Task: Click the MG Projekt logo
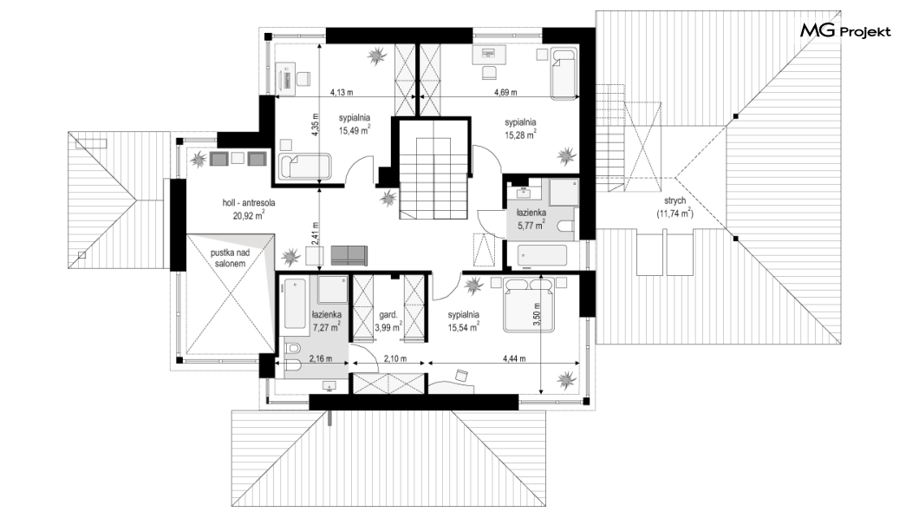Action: click(x=845, y=30)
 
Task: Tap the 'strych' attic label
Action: click(x=675, y=200)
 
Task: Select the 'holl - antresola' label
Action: click(x=249, y=203)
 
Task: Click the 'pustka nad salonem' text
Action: click(x=230, y=258)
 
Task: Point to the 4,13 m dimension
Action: click(x=342, y=92)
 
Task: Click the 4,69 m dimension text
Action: click(x=505, y=92)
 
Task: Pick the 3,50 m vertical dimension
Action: click(x=536, y=314)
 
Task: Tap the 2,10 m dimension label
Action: click(x=395, y=358)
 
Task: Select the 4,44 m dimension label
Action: click(x=514, y=358)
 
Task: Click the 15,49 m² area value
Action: click(x=354, y=131)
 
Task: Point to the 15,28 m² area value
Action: click(x=520, y=135)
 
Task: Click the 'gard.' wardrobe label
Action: click(x=388, y=314)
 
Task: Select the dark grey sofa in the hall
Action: click(x=349, y=256)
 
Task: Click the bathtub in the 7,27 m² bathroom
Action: click(x=295, y=303)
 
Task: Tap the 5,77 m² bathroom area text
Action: click(x=531, y=226)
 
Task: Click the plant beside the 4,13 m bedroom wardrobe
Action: click(x=377, y=56)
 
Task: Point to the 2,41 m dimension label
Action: click(x=315, y=233)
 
